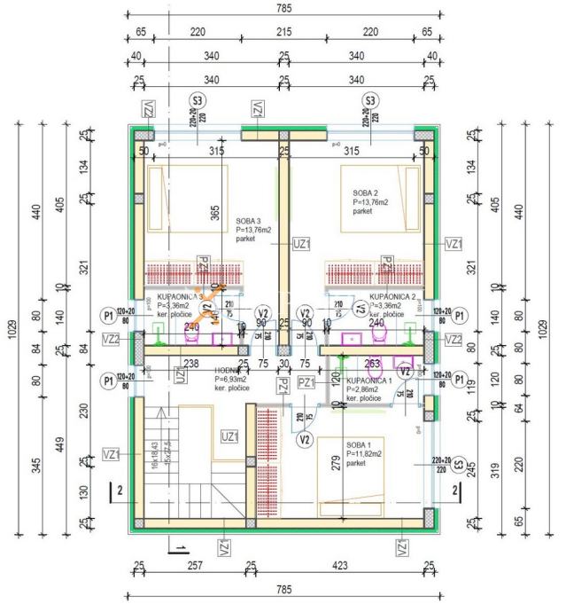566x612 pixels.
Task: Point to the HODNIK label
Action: point(229,371)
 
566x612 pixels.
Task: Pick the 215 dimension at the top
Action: point(283,31)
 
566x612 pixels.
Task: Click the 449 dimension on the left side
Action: point(59,443)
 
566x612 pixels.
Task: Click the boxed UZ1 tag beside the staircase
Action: point(229,436)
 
